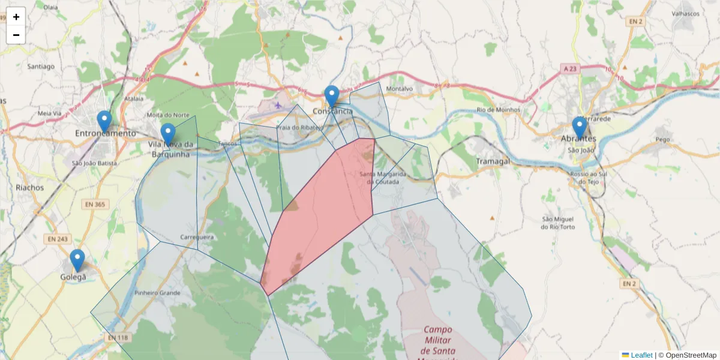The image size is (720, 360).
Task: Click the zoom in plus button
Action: point(16,17)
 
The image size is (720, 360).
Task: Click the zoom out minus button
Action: point(16,35)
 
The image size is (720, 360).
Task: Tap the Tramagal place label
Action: point(493,161)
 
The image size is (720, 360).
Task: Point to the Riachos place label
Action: point(30,187)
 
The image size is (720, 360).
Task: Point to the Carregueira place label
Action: point(197,237)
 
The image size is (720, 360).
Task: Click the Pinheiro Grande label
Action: point(157,293)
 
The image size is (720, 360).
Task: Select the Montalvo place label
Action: point(400,89)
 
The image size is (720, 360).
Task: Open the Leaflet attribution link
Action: point(641,355)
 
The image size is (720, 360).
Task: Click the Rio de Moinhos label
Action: point(497,110)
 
